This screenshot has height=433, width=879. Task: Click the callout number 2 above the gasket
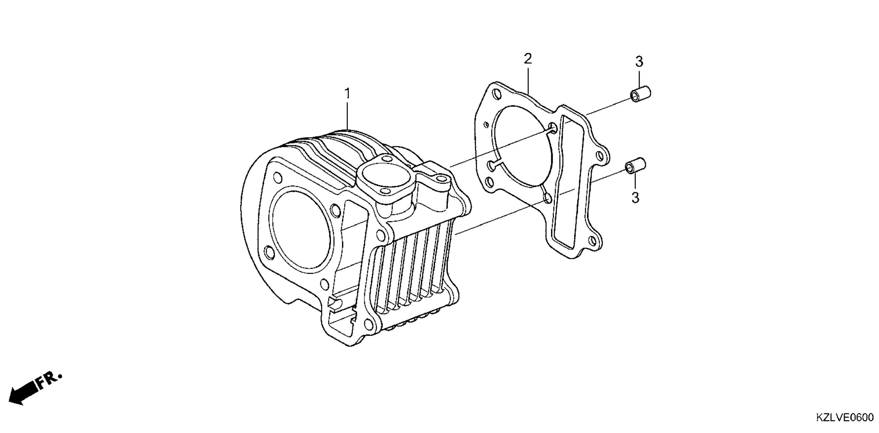(x=528, y=59)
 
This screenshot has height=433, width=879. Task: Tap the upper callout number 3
(x=639, y=61)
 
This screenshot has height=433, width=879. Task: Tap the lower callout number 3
(x=635, y=198)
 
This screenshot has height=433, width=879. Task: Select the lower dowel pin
(x=636, y=166)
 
